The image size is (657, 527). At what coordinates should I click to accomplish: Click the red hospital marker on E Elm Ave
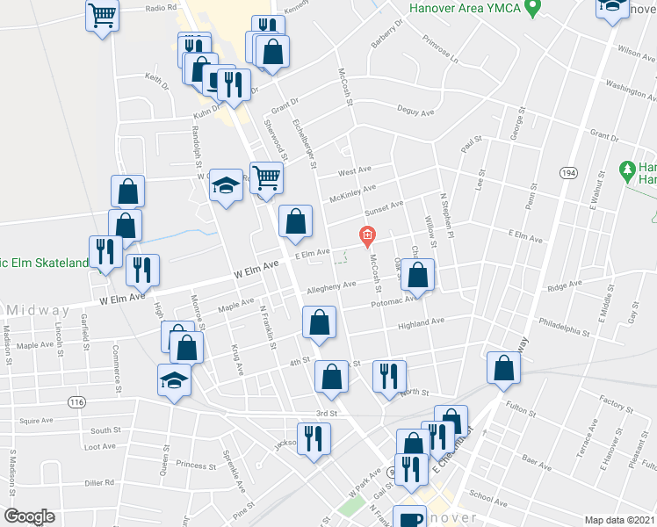pos(367,235)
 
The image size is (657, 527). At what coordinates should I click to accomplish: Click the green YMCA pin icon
pos(531,9)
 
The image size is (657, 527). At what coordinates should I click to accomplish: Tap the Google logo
pos(29,516)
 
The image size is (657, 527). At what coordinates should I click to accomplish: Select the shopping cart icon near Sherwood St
pos(266,176)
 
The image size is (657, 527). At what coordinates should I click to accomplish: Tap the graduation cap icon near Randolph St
pos(227,184)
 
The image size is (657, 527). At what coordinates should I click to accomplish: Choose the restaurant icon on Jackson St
pos(314,437)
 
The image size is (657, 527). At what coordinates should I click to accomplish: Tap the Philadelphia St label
pos(565,331)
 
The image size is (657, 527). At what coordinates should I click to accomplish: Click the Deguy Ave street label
pos(415,112)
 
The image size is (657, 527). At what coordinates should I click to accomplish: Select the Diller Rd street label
pos(98,482)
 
